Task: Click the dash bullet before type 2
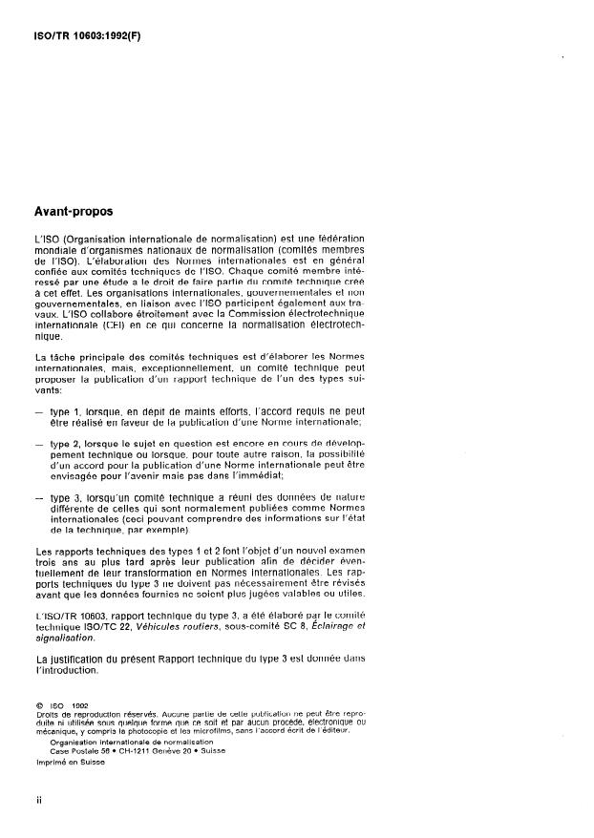pos(38,443)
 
